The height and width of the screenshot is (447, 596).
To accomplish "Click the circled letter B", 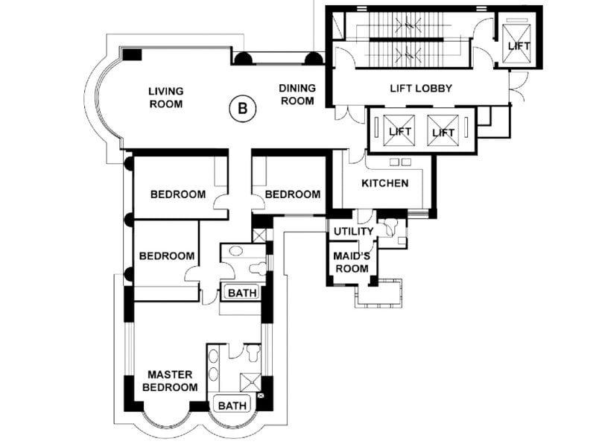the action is point(243,109).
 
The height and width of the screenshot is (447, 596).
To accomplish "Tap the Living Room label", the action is point(166,98).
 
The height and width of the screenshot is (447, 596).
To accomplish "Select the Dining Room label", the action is point(297,95).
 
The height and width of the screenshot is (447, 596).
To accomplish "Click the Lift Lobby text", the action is point(421,89).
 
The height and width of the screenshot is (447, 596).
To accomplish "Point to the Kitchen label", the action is point(385,183).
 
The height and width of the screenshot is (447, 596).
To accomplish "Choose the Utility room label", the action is point(353,232).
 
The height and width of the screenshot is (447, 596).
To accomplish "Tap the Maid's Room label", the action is point(352,262).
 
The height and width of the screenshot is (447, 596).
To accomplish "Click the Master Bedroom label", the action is point(170,381).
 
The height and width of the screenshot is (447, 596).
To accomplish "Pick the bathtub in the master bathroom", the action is point(232,405).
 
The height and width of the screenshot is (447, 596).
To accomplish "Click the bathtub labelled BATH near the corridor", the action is point(242,293).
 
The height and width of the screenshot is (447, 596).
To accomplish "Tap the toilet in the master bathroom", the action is point(253,353).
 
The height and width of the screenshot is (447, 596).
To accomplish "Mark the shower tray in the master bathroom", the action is point(250,382).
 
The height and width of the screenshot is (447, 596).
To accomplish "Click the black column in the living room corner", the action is point(132,54).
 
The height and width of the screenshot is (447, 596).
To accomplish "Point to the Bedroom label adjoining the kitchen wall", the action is point(293,194).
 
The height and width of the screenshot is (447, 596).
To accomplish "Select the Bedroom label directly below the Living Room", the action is point(178,194).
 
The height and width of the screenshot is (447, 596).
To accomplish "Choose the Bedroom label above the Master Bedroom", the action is point(167,256).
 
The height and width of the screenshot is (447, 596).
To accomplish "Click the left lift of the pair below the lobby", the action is point(399,130).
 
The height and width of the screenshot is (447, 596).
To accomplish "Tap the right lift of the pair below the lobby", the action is point(443,130).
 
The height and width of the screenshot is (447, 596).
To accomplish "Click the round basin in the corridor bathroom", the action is point(236,251).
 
